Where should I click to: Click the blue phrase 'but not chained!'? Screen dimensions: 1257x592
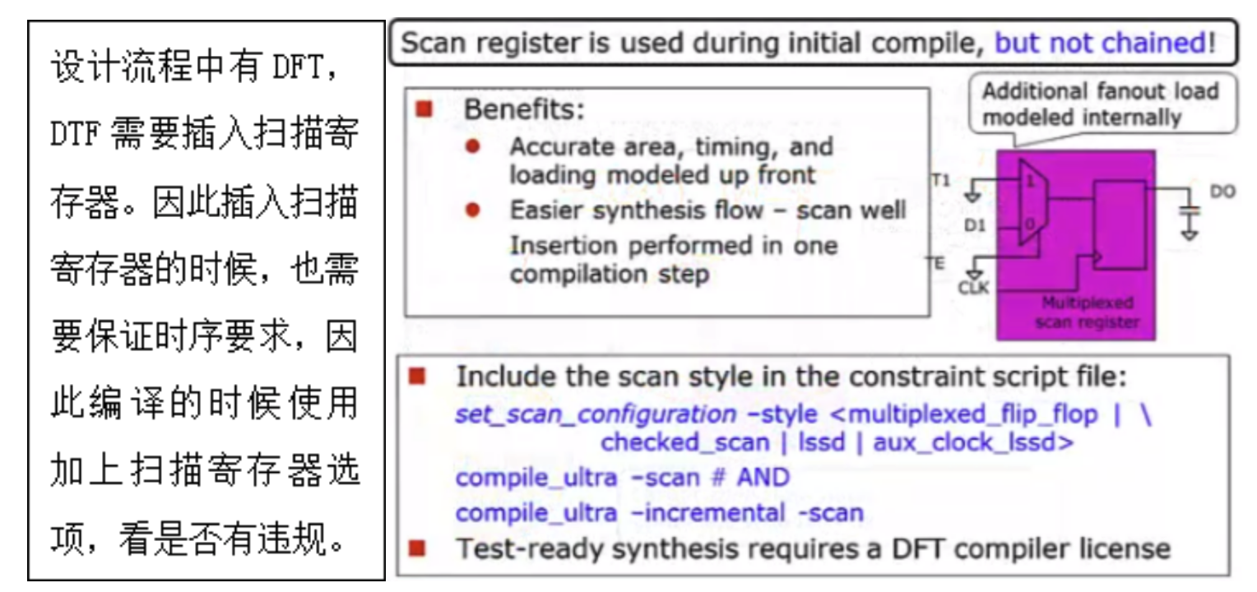coord(1105,43)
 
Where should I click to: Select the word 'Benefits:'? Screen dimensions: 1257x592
coord(523,109)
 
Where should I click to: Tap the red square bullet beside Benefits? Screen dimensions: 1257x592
coord(424,109)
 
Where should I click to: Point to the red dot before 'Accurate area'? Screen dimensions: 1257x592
coord(472,146)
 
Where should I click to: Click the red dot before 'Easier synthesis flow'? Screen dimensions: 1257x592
coord(472,210)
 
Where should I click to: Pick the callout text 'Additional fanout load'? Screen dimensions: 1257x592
coord(1101,91)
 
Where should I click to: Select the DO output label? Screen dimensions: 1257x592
coord(1222,192)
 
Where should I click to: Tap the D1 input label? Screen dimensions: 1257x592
coord(975,225)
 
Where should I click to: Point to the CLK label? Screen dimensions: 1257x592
coord(973,288)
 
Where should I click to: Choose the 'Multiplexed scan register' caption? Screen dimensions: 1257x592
coord(1088,312)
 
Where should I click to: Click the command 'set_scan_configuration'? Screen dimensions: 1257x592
coord(596,414)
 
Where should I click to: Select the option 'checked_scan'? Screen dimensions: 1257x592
coord(684,442)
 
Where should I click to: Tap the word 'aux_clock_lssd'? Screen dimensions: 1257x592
coord(964,442)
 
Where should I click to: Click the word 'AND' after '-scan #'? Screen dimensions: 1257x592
coord(763,478)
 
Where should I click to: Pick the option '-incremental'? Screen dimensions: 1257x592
coord(708,513)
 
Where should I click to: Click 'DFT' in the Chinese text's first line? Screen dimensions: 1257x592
coord(298,67)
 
